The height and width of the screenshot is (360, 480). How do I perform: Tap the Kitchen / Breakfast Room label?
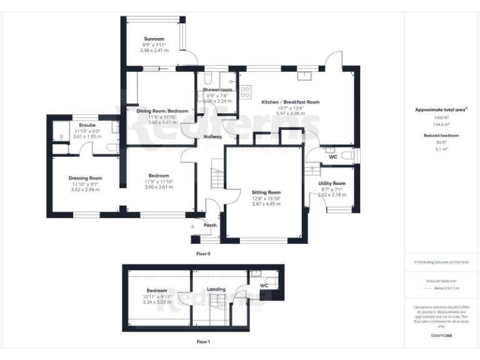coord(290,102)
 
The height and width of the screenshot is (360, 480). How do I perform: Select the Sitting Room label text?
coord(266,192)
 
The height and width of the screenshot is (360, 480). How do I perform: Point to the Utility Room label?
coord(332,183)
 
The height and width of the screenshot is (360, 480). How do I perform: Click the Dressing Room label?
coord(85,178)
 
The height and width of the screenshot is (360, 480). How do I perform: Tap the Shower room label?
coord(217,90)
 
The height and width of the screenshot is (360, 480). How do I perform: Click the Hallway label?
coord(206,137)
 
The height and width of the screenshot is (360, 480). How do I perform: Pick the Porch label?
coord(210,226)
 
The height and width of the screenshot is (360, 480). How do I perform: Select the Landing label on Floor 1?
coord(216,289)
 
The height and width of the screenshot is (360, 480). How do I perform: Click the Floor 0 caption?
coord(204,254)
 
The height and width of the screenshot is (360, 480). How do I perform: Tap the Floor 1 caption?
coord(204,342)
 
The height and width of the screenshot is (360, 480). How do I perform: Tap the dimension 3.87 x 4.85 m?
coord(266,204)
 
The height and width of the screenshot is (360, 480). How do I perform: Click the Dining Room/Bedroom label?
coord(162,111)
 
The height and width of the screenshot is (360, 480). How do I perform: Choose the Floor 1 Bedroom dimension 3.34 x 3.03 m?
coord(157,302)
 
